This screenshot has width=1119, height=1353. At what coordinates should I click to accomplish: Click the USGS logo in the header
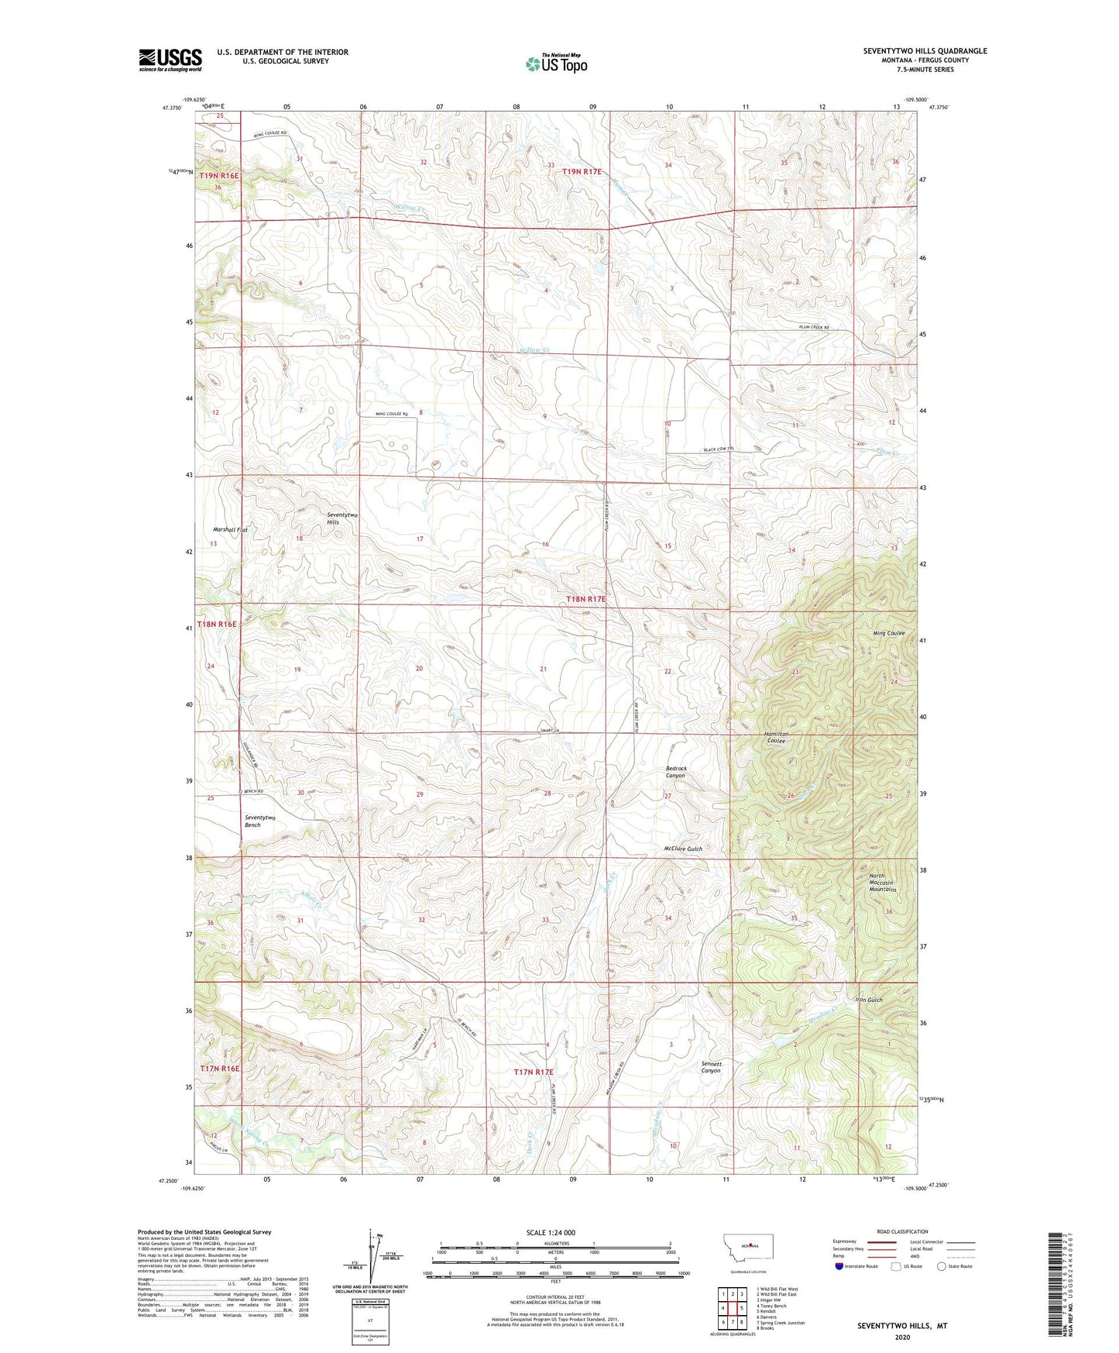coord(170,60)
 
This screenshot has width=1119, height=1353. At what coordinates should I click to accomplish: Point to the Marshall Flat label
coord(230,530)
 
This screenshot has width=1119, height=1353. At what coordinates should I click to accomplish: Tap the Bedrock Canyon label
coord(675,772)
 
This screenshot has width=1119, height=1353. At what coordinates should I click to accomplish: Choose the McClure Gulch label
coord(683,849)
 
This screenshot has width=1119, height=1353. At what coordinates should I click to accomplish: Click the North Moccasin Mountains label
coord(880,883)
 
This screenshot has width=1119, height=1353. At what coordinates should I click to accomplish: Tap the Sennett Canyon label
coord(711,1067)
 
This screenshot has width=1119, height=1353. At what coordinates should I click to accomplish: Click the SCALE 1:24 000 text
coord(550,1232)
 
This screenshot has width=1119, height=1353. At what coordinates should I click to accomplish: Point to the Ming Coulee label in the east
coord(888,633)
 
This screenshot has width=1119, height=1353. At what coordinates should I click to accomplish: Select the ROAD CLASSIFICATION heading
coord(903,1231)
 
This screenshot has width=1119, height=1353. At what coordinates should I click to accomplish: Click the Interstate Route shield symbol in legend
coord(839,1266)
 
